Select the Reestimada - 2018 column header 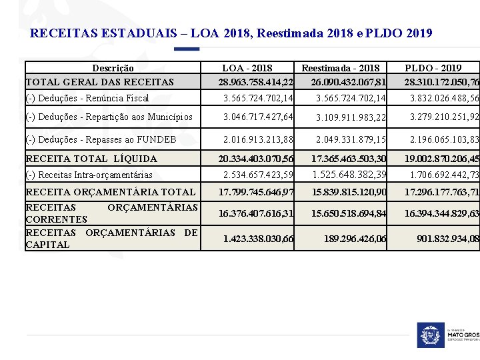(x=341, y=68)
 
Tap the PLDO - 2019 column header (x=433, y=68)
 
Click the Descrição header (x=113, y=68)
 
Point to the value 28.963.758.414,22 (x=256, y=82)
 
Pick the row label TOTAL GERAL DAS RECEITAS (x=99, y=82)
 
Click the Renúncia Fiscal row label (x=87, y=98)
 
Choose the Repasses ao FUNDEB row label (x=101, y=139)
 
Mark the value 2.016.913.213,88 (x=258, y=139)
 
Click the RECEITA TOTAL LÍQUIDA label (x=91, y=159)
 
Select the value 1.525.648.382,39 (x=349, y=175)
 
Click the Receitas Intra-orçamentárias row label (x=89, y=175)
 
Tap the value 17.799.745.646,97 (x=256, y=192)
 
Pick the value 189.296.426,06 (x=355, y=238)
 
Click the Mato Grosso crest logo (x=430, y=335)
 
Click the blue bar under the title (x=187, y=49)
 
